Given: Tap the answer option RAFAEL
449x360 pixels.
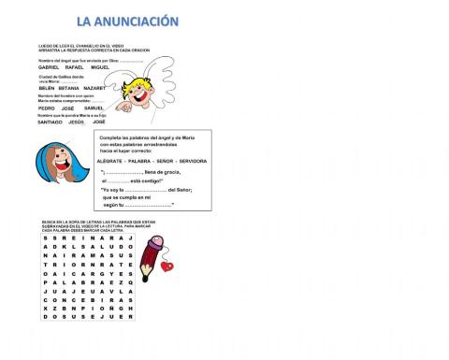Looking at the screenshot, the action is pos(75,67).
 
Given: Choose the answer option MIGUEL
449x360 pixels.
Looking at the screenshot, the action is pos(100,67).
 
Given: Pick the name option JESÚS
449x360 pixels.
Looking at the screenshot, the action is pos(77,122).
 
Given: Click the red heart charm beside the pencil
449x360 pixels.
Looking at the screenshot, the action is pos(167,266).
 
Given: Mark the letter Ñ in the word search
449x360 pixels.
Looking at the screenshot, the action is pos(120,305).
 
